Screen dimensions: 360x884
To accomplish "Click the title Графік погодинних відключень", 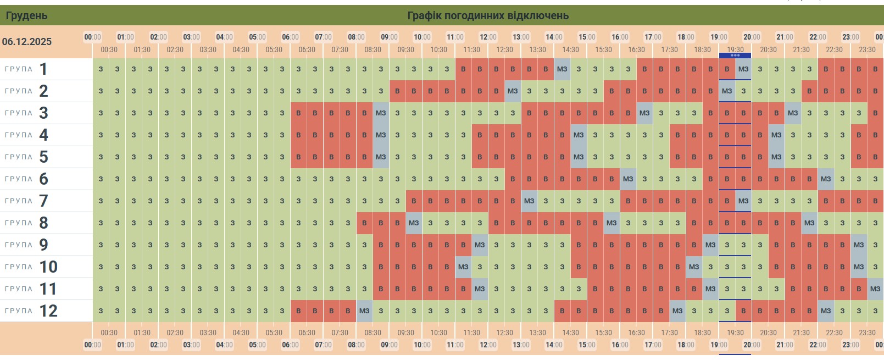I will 487,15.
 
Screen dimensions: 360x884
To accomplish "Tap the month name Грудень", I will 26,15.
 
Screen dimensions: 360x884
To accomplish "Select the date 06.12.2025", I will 27,42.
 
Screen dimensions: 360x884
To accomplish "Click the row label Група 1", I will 26,69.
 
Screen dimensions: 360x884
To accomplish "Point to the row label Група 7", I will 26,201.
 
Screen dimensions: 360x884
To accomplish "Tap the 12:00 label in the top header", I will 488,37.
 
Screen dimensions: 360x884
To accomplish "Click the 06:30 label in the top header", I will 307,49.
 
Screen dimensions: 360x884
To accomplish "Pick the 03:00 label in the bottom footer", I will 191,345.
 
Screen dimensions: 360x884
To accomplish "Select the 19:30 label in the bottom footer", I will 735,333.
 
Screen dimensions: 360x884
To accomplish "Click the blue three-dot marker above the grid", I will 735,56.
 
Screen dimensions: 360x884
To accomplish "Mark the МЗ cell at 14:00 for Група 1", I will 562,69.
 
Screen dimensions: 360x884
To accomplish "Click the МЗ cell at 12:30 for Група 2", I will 513,91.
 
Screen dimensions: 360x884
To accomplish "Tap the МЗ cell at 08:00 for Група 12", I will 364,311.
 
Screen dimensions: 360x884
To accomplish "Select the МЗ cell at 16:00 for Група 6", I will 628,179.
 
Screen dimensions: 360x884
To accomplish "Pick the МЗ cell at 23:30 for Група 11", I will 875,289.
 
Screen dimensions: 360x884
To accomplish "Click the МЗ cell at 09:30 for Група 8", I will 414,223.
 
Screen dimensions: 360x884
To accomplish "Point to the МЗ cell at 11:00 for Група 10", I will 463,267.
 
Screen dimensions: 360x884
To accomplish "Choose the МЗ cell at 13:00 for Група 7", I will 529,201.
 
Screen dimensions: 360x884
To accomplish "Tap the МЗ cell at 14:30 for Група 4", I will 579,135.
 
